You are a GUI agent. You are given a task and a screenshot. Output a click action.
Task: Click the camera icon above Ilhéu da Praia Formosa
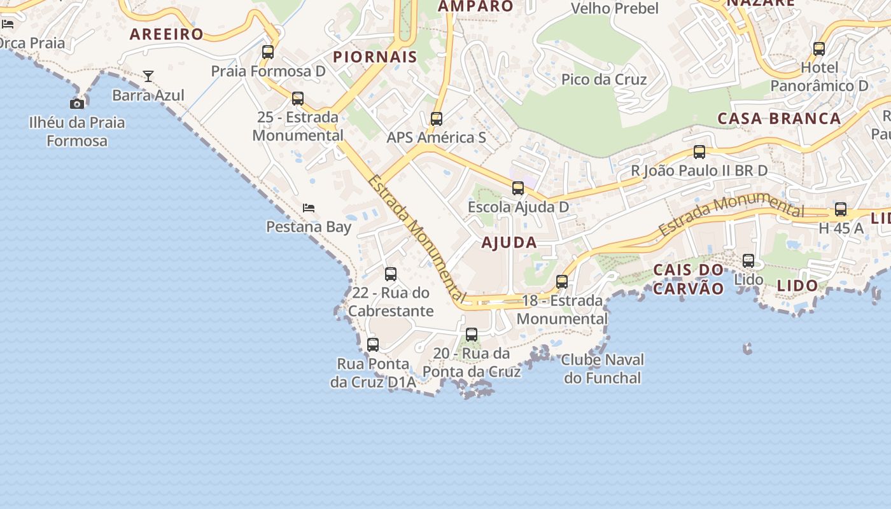pyautogui.click(x=77, y=104)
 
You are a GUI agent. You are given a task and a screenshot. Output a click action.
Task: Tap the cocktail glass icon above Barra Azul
pyautogui.click(x=148, y=76)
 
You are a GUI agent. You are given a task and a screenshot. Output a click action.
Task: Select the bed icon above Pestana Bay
pyautogui.click(x=309, y=208)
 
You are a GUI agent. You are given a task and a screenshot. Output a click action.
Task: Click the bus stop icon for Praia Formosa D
pyautogui.click(x=268, y=52)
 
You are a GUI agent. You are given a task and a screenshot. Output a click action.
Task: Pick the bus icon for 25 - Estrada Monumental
pyautogui.click(x=297, y=99)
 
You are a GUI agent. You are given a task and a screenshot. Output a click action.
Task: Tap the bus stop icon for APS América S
pyautogui.click(x=436, y=119)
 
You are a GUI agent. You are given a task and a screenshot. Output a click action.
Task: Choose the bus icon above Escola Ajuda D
pyautogui.click(x=518, y=188)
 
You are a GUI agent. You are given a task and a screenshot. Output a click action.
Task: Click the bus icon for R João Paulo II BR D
pyautogui.click(x=699, y=152)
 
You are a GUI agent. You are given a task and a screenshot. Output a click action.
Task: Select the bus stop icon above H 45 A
pyautogui.click(x=841, y=209)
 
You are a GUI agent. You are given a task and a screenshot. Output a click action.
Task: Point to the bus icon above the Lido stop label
pyautogui.click(x=748, y=261)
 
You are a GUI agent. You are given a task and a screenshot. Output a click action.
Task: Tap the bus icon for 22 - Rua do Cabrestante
pyautogui.click(x=391, y=274)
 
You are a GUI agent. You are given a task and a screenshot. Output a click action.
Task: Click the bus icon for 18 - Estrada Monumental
pyautogui.click(x=562, y=282)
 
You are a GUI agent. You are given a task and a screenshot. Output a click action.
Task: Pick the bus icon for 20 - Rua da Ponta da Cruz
pyautogui.click(x=472, y=335)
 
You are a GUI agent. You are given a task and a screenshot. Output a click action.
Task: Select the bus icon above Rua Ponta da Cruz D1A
pyautogui.click(x=373, y=345)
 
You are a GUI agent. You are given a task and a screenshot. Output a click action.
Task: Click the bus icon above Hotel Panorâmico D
pyautogui.click(x=819, y=48)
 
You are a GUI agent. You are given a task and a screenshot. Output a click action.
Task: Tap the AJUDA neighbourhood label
pyautogui.click(x=509, y=242)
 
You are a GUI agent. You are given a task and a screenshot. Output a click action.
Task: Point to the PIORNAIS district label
pyautogui.click(x=375, y=57)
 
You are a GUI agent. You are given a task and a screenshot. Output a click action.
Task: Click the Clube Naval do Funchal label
pyautogui.click(x=603, y=369)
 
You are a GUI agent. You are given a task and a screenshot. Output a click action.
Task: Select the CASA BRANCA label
pyautogui.click(x=780, y=118)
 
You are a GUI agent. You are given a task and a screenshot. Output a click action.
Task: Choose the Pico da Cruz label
pyautogui.click(x=604, y=80)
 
